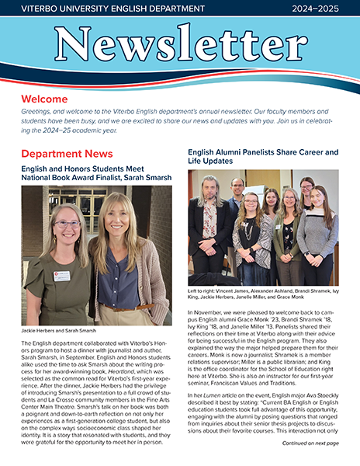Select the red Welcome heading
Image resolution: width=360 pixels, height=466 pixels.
click(45, 100)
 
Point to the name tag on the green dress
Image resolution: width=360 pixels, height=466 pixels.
click(61, 276)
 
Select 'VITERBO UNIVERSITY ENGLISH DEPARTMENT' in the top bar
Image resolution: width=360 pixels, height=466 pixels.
click(101, 9)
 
